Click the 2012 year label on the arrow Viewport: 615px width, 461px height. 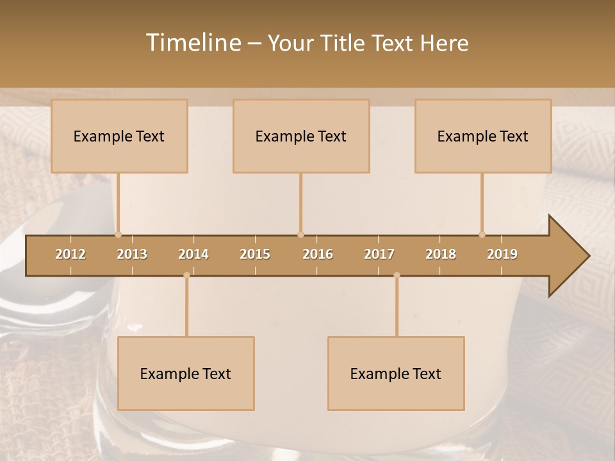[x=70, y=254]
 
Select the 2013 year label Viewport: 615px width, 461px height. [x=132, y=254]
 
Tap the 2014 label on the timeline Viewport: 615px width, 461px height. [x=193, y=254]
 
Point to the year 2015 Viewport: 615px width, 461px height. [x=255, y=254]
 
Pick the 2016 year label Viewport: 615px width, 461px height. [x=318, y=254]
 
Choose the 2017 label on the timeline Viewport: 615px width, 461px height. [x=379, y=254]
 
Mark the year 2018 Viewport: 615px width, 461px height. [x=441, y=254]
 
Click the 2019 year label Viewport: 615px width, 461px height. [x=502, y=254]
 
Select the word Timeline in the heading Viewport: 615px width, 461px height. [x=193, y=43]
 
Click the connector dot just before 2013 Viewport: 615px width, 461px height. [x=118, y=234]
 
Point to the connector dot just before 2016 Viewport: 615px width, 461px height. [x=300, y=234]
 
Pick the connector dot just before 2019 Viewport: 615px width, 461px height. [x=482, y=234]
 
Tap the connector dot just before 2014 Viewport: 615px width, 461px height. [x=186, y=275]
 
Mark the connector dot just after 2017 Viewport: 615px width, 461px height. [x=397, y=275]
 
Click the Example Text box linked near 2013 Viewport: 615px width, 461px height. [x=119, y=136]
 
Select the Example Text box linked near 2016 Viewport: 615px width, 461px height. [x=301, y=136]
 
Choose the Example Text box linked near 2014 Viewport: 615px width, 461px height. [x=186, y=373]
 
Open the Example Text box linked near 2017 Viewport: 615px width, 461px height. [x=396, y=373]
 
